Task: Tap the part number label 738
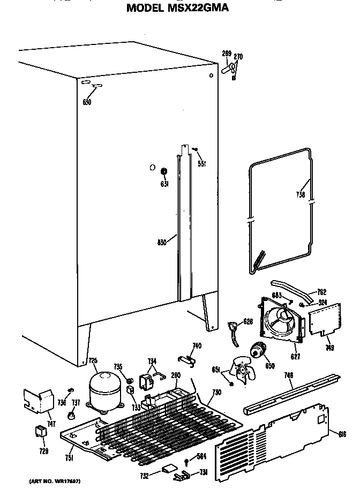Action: [301, 195]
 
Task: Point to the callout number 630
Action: [87, 102]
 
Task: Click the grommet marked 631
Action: [164, 171]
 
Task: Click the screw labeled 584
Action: [186, 460]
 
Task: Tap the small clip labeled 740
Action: [185, 358]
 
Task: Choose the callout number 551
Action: [202, 164]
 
